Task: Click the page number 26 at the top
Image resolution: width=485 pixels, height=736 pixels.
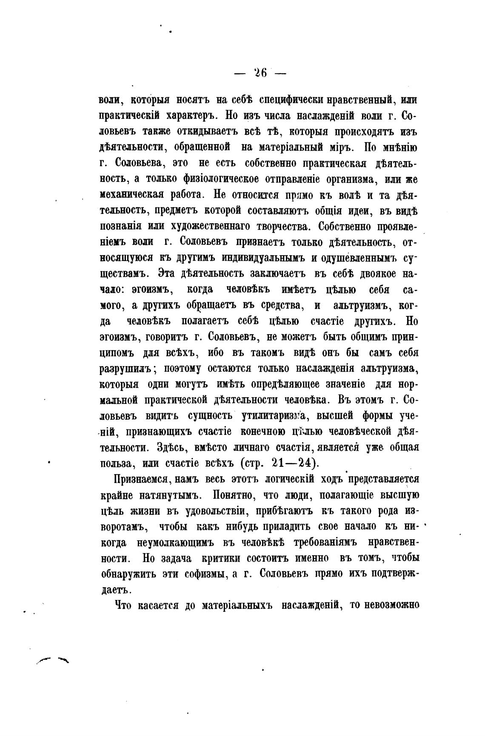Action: (x=260, y=73)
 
